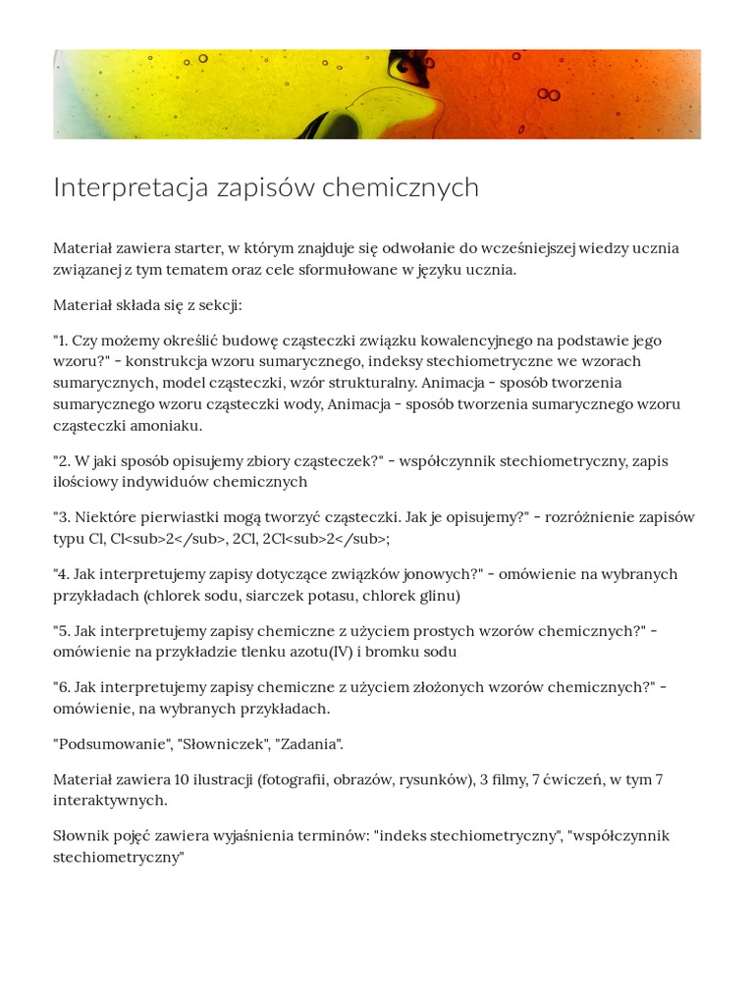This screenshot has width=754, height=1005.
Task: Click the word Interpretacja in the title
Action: pos(130,187)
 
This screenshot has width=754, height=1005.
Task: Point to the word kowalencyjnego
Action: pos(484,341)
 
